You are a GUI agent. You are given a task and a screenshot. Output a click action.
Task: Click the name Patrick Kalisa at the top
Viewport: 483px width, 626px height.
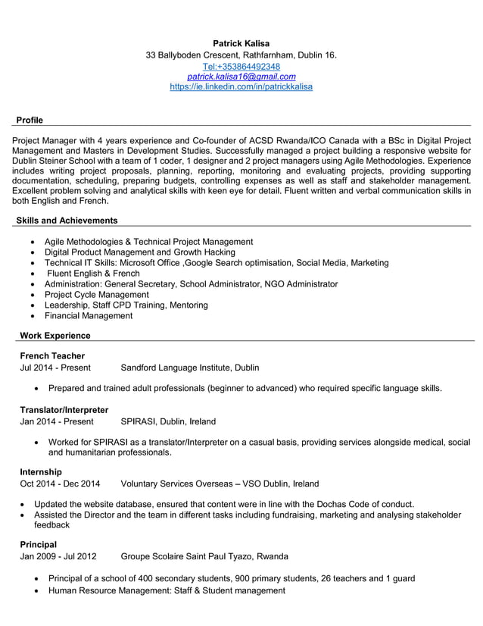pyautogui.click(x=241, y=43)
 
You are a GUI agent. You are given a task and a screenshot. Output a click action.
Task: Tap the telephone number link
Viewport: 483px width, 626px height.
pyautogui.click(x=241, y=66)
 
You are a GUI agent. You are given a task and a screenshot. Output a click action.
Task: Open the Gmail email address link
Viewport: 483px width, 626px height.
pyautogui.click(x=241, y=77)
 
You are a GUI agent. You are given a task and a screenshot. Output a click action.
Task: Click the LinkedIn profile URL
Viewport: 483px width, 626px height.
pyautogui.click(x=241, y=87)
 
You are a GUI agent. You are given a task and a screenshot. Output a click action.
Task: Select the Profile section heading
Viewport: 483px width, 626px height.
pyautogui.click(x=30, y=120)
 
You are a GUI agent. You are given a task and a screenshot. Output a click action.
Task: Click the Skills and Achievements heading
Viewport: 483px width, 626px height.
pyautogui.click(x=67, y=221)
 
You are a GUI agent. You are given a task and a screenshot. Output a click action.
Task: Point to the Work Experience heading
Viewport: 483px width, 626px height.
pyautogui.click(x=55, y=336)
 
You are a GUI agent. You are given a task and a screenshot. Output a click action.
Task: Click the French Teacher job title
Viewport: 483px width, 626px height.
pyautogui.click(x=52, y=356)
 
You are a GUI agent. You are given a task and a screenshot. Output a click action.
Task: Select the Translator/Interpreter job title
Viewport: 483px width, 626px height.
pyautogui.click(x=64, y=410)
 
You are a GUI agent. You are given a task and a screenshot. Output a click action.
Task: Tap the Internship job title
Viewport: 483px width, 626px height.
pyautogui.click(x=41, y=472)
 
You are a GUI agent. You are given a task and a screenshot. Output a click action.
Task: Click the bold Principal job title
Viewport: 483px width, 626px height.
pyautogui.click(x=39, y=544)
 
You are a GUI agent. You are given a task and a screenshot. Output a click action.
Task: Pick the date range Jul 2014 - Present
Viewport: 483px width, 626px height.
pyautogui.click(x=55, y=368)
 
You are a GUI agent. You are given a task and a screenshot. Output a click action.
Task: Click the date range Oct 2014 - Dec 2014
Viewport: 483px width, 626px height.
pyautogui.click(x=60, y=484)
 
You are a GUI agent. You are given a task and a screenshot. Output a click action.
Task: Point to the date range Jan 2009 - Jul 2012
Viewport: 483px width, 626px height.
pyautogui.click(x=58, y=556)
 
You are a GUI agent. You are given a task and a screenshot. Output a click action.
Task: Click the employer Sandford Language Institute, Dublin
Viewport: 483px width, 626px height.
pyautogui.click(x=190, y=368)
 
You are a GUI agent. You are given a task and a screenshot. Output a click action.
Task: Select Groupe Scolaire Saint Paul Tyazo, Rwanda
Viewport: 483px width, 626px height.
pyautogui.click(x=204, y=556)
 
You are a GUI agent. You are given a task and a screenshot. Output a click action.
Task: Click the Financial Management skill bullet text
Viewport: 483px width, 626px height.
pyautogui.click(x=89, y=315)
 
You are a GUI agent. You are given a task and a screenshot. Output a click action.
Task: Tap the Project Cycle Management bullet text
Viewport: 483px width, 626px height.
pyautogui.click(x=97, y=294)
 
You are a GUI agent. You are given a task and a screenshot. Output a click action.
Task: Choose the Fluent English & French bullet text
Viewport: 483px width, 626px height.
pyautogui.click(x=93, y=273)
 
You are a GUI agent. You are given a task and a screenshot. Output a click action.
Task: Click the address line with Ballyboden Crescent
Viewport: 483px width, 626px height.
pyautogui.click(x=241, y=55)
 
